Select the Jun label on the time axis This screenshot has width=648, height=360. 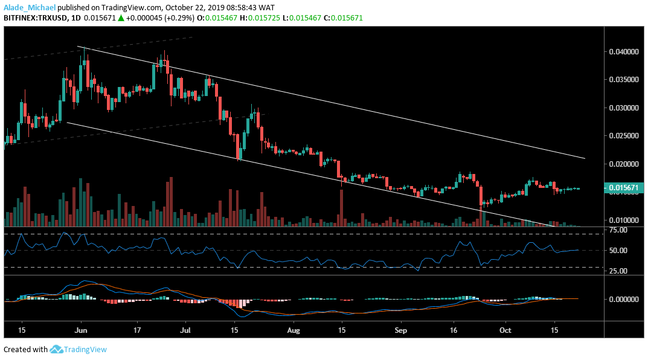pyautogui.click(x=80, y=331)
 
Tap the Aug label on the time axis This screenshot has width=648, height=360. pyautogui.click(x=294, y=331)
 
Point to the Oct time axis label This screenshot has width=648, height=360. pyautogui.click(x=505, y=331)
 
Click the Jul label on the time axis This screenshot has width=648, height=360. pyautogui.click(x=185, y=331)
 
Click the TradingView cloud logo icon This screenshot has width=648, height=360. pyautogui.click(x=57, y=349)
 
